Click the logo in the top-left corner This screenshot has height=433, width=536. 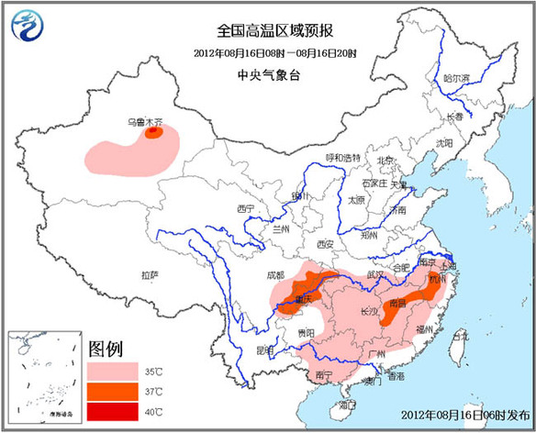click(30, 27)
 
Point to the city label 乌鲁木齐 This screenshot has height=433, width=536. click(145, 120)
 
